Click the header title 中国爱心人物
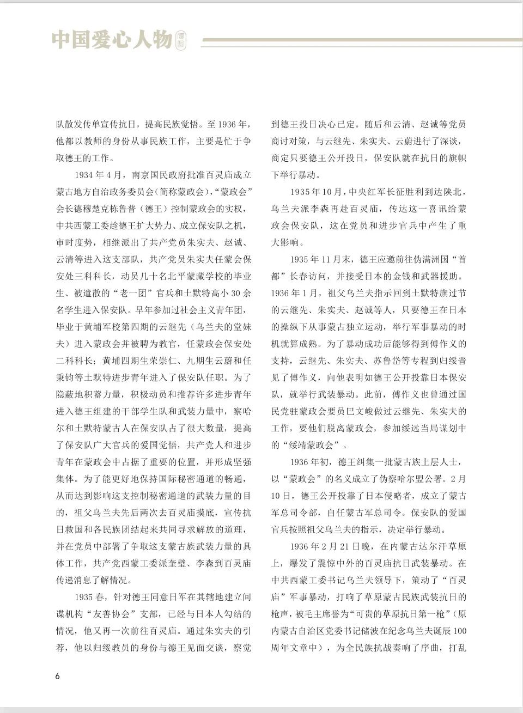[x=112, y=39]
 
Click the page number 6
[x=58, y=677]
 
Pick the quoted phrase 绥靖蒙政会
[x=316, y=445]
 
